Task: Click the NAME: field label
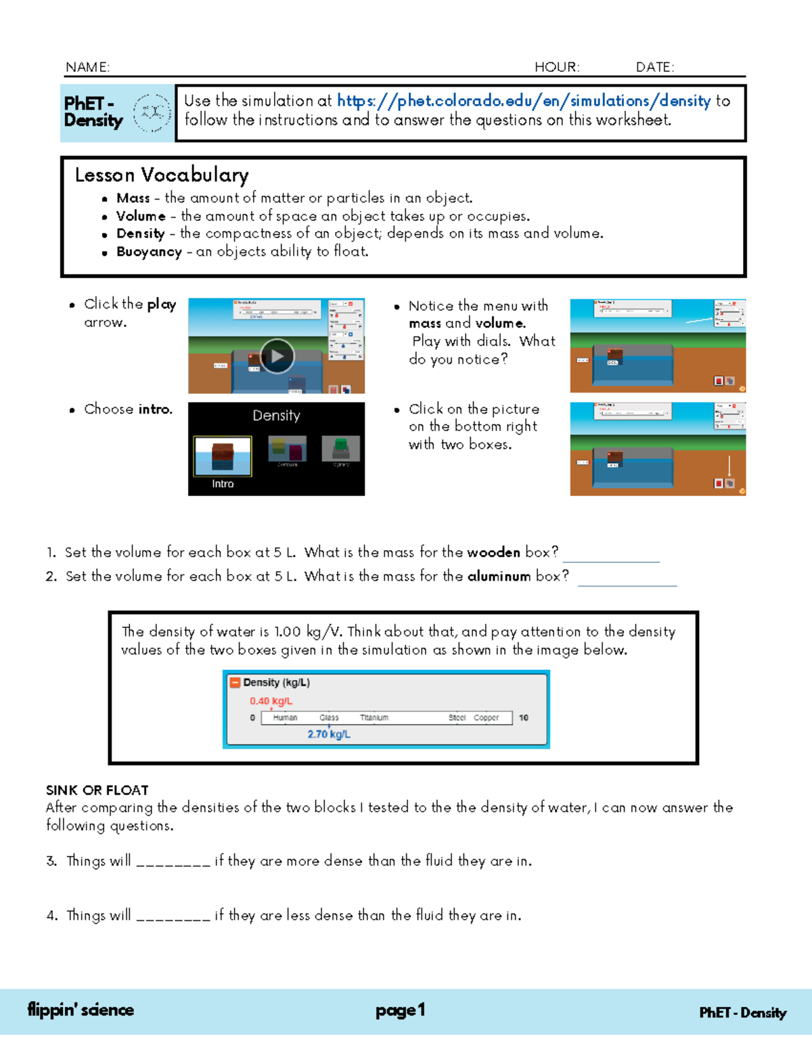tap(87, 67)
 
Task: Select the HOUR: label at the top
tap(556, 67)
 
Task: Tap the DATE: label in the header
tap(654, 67)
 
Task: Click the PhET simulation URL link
tap(523, 101)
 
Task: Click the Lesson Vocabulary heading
tap(162, 175)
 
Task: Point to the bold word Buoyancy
tap(149, 252)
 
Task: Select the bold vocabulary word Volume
tap(141, 216)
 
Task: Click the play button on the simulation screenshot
tap(277, 356)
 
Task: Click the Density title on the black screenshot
tap(276, 416)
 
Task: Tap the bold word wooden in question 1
tap(493, 552)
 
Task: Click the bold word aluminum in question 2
tap(499, 577)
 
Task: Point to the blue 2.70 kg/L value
tap(329, 734)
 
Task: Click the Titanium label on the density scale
tap(374, 717)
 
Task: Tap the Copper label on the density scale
tap(486, 717)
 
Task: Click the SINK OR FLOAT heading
tap(97, 790)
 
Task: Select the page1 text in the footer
tap(400, 1010)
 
